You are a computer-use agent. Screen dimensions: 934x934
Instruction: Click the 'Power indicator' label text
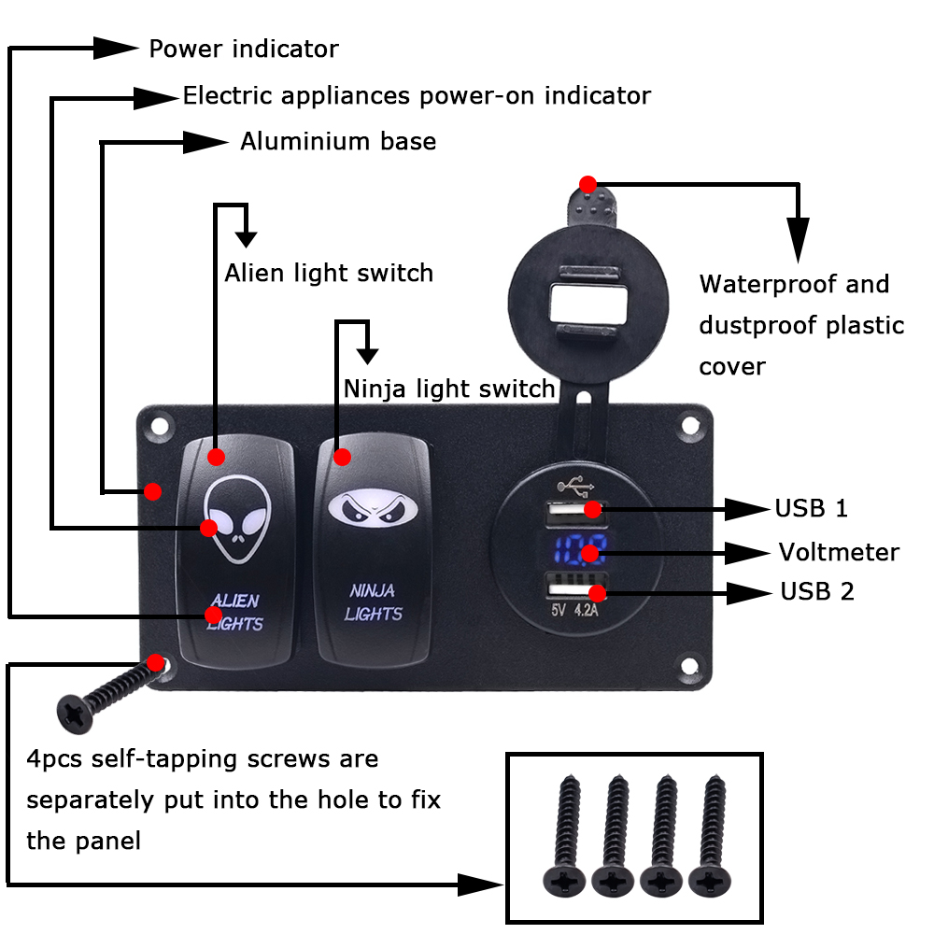244,49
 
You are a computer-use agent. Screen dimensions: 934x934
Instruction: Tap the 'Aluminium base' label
338,142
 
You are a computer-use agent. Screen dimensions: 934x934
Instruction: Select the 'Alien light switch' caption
329,274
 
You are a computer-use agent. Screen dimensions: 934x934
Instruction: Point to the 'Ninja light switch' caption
449,389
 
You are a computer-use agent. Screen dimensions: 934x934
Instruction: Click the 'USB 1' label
812,509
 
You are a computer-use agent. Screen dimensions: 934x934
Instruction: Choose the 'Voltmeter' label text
839,552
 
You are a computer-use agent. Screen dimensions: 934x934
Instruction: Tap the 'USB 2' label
817,591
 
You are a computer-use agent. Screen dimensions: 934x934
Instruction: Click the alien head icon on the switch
237,518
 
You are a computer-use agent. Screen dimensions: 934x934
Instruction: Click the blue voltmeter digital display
578,550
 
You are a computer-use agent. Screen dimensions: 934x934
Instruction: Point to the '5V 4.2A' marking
574,610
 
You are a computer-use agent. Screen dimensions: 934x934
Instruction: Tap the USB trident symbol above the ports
575,486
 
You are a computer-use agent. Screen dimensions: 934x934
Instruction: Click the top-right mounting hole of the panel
690,426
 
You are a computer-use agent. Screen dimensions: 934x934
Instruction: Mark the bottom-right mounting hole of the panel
690,666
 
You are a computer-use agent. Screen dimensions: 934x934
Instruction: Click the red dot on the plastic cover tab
587,184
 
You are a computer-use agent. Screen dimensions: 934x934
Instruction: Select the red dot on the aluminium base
153,491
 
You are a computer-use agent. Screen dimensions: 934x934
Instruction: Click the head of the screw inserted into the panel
75,714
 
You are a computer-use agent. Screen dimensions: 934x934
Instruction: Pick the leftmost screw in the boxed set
564,836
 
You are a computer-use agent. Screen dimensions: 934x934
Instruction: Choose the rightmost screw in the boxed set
711,836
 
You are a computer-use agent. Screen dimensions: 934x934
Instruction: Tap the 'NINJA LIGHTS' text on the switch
374,601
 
